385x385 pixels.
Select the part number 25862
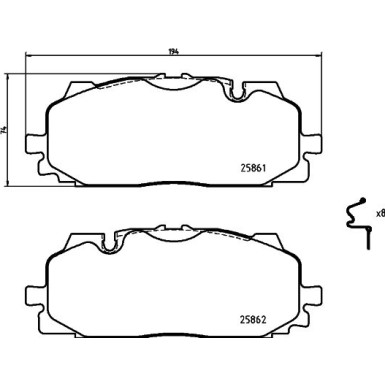click(259, 318)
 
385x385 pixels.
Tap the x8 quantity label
click(379, 213)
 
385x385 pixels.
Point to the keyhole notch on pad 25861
click(237, 96)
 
